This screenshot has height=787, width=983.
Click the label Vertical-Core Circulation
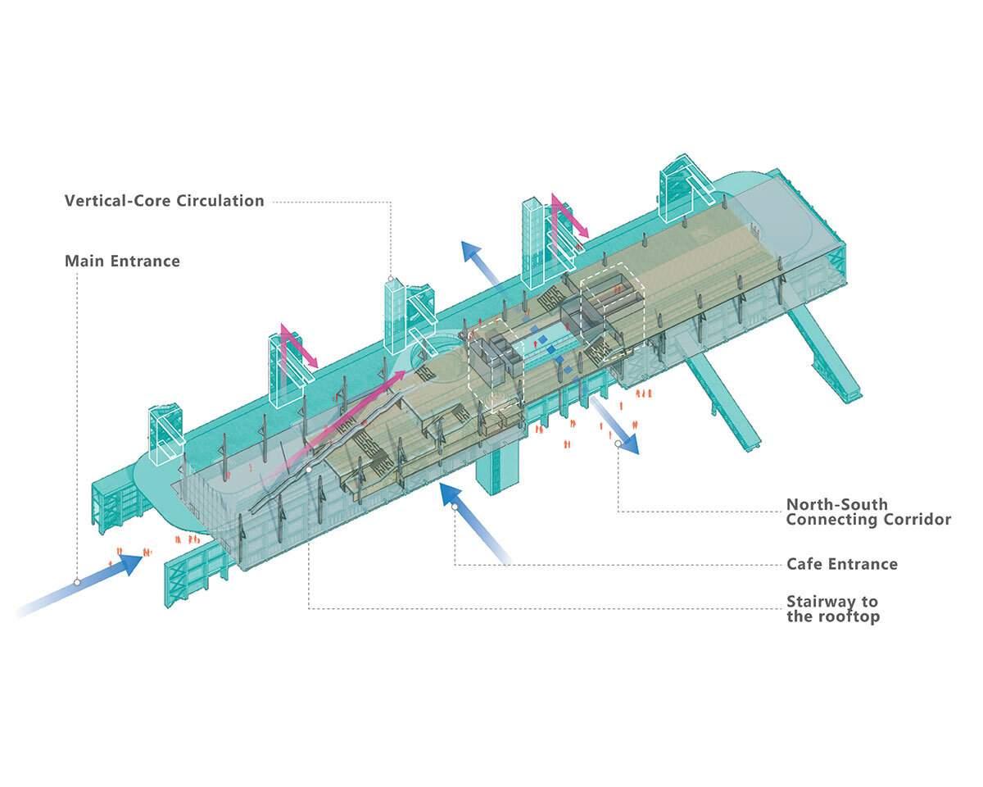[x=164, y=201]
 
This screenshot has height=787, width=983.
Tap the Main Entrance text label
[x=122, y=262]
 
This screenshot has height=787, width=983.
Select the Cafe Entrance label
[x=841, y=564]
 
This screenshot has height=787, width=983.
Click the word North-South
[x=836, y=504]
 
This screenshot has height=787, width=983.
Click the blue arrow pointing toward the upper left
[x=483, y=262]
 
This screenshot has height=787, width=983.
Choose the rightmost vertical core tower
[x=680, y=189]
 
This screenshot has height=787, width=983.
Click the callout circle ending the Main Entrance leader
[x=77, y=582]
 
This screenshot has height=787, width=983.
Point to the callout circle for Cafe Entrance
[x=455, y=507]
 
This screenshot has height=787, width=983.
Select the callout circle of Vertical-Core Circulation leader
[x=390, y=279]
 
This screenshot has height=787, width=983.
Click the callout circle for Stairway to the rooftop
[x=309, y=470]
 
